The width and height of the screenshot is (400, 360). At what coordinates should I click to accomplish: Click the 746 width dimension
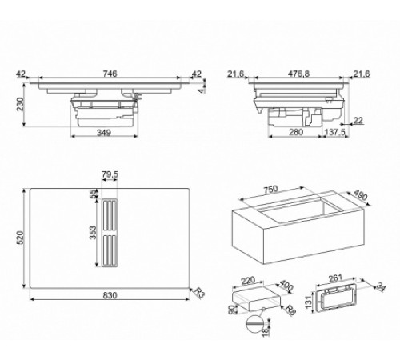(x=110, y=74)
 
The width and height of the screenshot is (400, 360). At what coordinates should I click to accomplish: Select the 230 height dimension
(x=20, y=104)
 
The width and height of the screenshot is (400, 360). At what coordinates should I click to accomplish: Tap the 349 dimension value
(x=104, y=132)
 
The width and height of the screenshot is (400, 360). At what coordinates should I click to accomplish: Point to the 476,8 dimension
(x=298, y=74)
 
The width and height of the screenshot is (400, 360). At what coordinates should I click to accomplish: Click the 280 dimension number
(x=296, y=132)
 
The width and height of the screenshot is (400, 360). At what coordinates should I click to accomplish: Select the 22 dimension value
(x=358, y=121)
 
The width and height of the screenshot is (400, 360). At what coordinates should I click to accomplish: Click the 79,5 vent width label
(x=110, y=174)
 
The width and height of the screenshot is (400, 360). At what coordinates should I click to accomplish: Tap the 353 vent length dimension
(x=92, y=233)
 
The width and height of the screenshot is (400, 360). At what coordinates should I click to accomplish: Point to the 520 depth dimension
(x=20, y=238)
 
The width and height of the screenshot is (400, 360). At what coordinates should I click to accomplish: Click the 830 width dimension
(x=110, y=295)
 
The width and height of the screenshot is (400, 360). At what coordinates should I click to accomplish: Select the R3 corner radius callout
(x=199, y=293)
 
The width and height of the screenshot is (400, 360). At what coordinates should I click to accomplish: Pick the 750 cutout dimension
(x=270, y=190)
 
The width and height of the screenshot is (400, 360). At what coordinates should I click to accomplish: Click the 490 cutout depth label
(x=361, y=195)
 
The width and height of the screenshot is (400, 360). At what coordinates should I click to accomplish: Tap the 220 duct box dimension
(x=248, y=281)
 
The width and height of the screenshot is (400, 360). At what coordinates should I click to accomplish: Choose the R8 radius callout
(x=290, y=310)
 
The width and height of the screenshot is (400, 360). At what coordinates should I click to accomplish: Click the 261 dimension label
(x=335, y=278)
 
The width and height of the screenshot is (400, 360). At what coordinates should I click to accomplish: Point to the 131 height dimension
(x=309, y=302)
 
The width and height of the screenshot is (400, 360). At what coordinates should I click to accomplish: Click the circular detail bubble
(x=254, y=323)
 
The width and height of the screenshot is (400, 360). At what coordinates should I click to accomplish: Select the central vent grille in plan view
(x=110, y=233)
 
